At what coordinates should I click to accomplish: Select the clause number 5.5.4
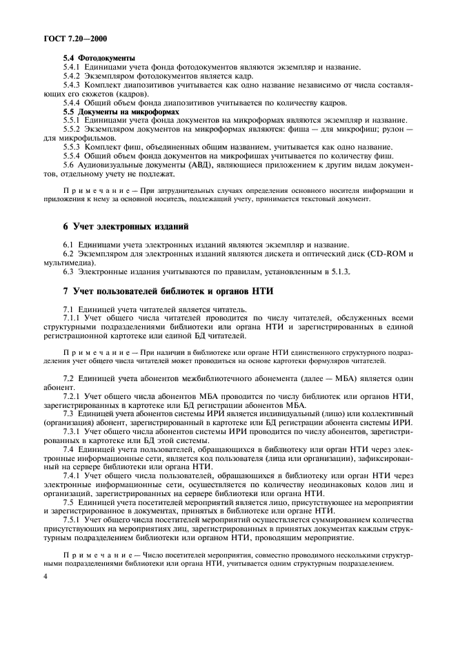coord(73,155)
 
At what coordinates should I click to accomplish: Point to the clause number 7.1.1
coord(73,317)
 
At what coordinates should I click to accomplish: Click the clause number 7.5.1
coord(73,519)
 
